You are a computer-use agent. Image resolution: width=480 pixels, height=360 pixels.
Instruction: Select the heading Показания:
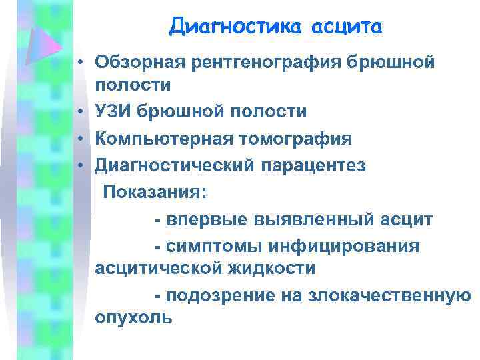click(155, 192)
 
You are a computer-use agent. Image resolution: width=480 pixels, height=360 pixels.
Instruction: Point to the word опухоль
click(134, 318)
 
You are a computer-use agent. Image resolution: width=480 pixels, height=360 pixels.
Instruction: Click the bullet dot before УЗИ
click(79, 112)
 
